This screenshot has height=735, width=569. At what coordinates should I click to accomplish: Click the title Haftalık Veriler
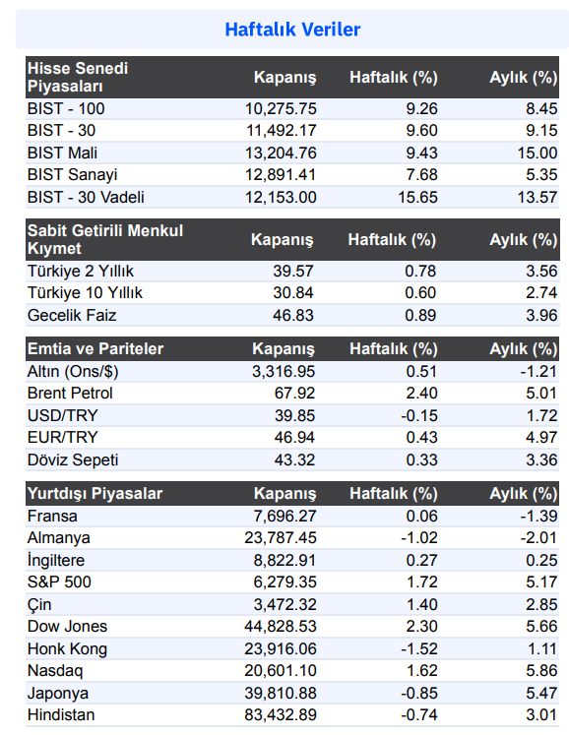point(292,30)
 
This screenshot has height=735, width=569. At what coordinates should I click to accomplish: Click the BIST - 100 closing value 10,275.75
point(281,109)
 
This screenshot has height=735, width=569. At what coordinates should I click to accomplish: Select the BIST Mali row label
point(62,153)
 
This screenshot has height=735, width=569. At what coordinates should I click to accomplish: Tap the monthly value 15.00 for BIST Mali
point(537,153)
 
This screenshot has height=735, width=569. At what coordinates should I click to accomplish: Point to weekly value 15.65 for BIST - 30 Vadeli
point(417,197)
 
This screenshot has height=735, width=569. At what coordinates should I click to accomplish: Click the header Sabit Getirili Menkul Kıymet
point(105,239)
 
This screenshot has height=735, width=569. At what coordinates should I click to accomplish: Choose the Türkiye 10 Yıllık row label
point(85,293)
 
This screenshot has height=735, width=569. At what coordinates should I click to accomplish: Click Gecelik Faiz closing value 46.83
point(292,315)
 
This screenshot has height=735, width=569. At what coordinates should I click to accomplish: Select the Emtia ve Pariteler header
point(95,348)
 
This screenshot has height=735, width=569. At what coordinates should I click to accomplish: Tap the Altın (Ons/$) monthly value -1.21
point(538,371)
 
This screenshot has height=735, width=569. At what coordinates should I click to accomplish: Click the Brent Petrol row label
point(70,393)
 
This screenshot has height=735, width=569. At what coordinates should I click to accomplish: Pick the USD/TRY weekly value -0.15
point(419,415)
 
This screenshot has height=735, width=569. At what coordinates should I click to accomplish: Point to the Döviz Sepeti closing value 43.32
point(294,459)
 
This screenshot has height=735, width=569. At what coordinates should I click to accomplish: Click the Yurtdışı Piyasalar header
point(95,494)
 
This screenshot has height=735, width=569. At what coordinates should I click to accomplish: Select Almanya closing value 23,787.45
point(280,537)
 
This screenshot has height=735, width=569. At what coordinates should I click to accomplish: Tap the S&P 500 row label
point(59,582)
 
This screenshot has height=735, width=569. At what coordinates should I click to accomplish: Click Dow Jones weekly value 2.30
point(421,626)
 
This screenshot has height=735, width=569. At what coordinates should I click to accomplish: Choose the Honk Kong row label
point(67,649)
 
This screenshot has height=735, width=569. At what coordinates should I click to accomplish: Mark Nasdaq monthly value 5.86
point(541,670)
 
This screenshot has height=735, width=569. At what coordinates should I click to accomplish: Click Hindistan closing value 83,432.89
point(280,715)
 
